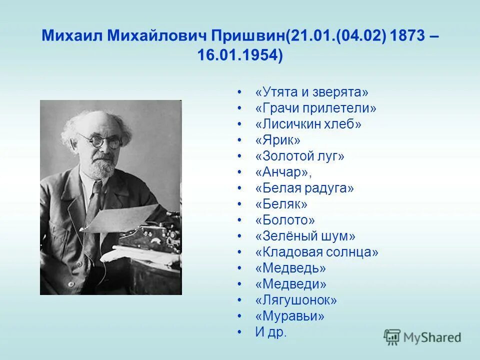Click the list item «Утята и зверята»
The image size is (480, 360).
(311, 92)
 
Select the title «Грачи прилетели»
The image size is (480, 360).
(315, 108)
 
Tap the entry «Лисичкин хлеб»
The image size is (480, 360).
(308, 124)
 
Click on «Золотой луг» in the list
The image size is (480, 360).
(299, 156)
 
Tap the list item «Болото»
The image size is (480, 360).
(285, 220)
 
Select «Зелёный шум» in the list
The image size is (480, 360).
(305, 236)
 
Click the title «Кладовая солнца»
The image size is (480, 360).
(316, 252)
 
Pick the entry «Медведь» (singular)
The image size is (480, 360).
(290, 268)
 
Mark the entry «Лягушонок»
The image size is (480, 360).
(296, 300)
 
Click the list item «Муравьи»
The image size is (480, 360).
(289, 316)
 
